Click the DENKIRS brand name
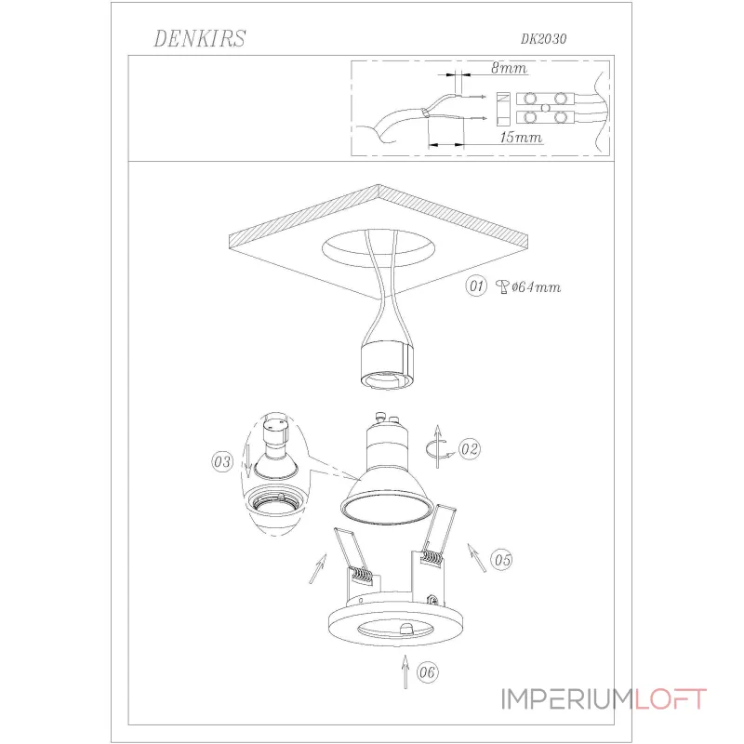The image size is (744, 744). tap(200, 39)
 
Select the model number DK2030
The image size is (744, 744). tap(543, 39)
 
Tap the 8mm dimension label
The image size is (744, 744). tap(509, 68)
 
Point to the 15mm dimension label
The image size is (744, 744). tap(521, 138)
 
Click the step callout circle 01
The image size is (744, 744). tap(476, 286)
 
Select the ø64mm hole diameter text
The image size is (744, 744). tap(537, 287)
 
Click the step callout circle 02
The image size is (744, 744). tap(470, 449)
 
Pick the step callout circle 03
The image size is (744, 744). tap(222, 461)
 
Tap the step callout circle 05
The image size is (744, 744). tap(501, 560)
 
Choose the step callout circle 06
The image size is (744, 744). tap(427, 672)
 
